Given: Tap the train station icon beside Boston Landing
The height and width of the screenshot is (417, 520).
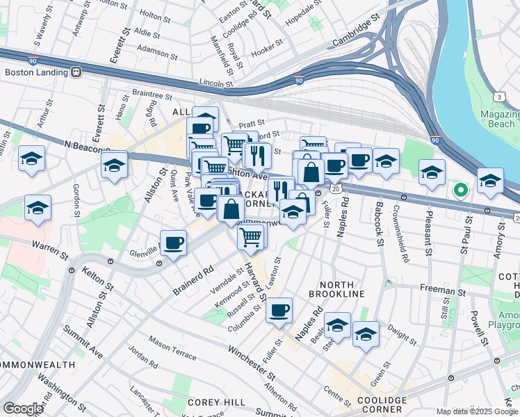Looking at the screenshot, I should click(76, 72).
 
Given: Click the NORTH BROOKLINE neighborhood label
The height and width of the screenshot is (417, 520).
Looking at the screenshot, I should click(341, 289).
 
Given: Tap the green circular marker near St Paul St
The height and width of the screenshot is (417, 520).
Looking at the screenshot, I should click(460, 188).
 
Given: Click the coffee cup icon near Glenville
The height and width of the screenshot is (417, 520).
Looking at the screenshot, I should click(174, 243).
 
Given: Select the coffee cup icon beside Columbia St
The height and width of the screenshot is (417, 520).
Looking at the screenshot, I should click(279, 311).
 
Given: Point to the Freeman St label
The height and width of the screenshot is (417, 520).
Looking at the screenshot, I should click(442, 289).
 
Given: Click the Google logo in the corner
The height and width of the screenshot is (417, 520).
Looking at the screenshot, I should click(23, 409).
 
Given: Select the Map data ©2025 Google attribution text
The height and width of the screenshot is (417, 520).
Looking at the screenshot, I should click(477, 411).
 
